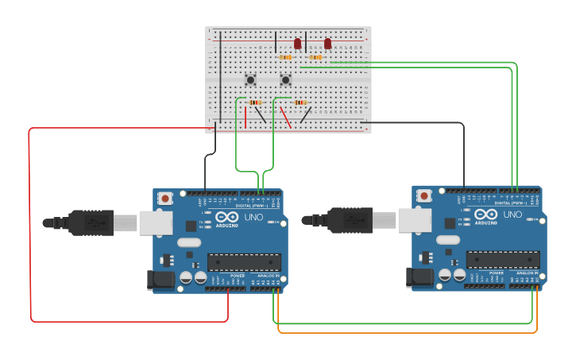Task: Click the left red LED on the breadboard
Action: tap(298, 44)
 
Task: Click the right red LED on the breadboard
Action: tap(327, 44)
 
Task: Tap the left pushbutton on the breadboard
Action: tap(250, 79)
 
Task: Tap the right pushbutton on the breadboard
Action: tap(285, 79)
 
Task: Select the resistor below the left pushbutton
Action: tap(255, 103)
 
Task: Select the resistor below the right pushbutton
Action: tap(300, 103)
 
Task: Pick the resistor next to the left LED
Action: tap(286, 57)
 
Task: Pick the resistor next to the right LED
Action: tap(316, 57)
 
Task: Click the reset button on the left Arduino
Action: tap(164, 198)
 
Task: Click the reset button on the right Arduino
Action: tap(423, 195)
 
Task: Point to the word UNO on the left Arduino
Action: tap(252, 217)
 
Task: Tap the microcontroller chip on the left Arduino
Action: tap(244, 262)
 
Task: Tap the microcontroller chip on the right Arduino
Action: tap(503, 259)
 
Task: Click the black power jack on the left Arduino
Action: tap(159, 280)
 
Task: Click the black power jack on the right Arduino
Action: tap(418, 277)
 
